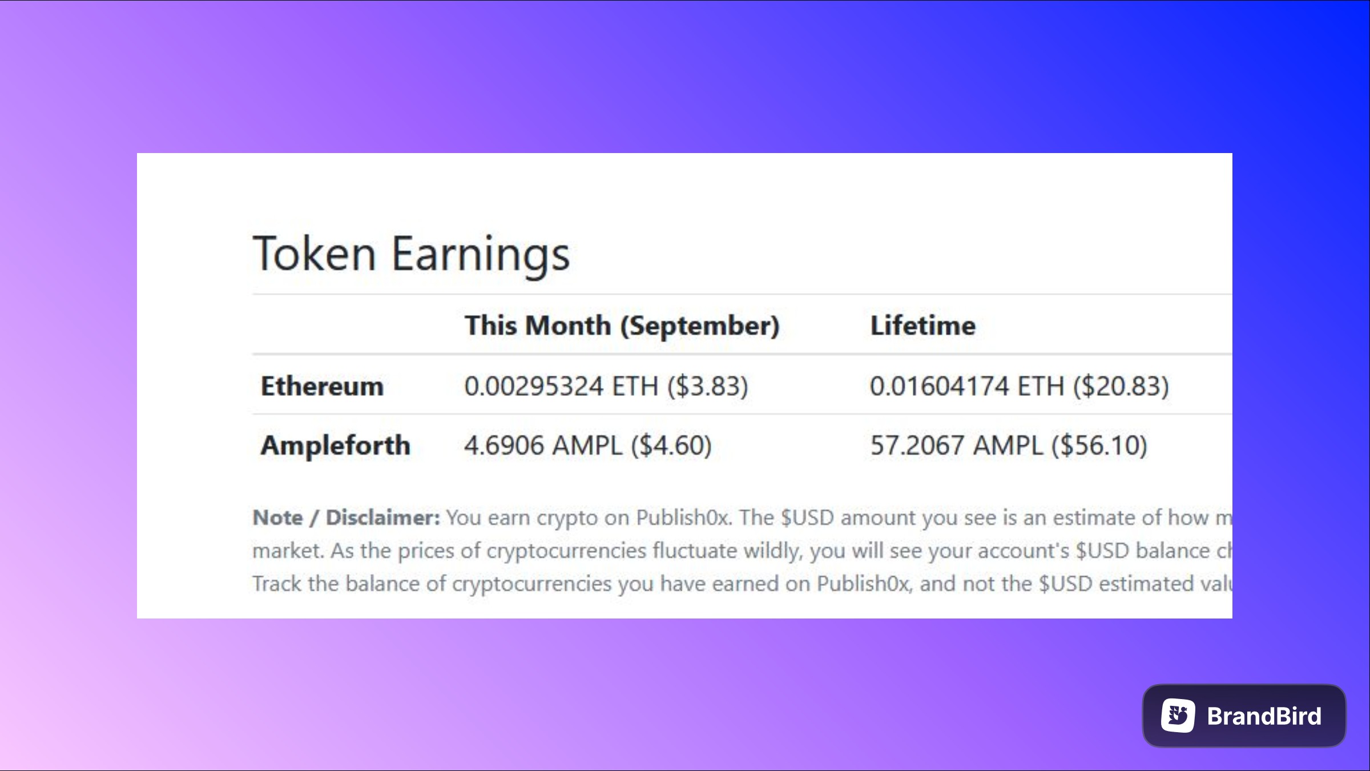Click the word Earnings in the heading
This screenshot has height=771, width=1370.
(x=481, y=256)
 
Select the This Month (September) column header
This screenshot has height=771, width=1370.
(x=622, y=326)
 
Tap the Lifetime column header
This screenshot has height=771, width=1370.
(x=923, y=326)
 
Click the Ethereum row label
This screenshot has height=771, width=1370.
(x=322, y=386)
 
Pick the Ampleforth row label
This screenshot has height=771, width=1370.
(x=336, y=445)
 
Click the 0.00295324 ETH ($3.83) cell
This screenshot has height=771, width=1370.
(x=606, y=387)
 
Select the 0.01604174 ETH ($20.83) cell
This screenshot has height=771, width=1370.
(x=1020, y=387)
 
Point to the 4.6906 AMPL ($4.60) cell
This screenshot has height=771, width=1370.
(x=588, y=445)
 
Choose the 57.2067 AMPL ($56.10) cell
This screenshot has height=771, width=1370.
(x=1009, y=445)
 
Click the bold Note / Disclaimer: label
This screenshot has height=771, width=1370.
(x=346, y=517)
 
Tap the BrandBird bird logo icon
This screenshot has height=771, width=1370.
(x=1178, y=716)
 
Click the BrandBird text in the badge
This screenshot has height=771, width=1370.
(x=1264, y=716)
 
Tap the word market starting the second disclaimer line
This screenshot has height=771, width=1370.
(x=288, y=551)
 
